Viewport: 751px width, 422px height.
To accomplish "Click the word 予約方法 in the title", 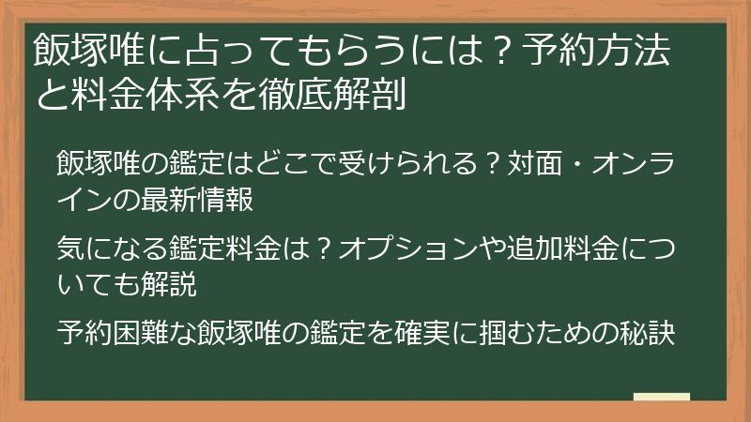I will coord(609,53).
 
